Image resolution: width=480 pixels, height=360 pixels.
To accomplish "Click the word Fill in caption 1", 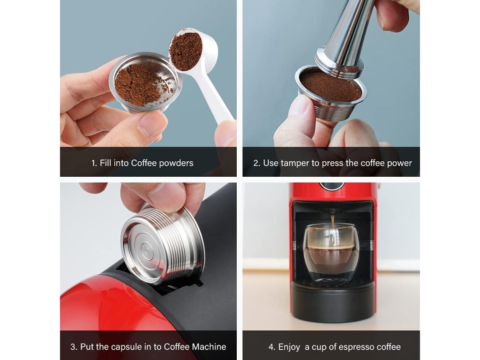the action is [105, 163].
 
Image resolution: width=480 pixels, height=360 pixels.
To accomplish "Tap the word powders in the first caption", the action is [176, 163].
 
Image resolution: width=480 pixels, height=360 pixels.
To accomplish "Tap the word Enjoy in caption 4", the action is [289, 347].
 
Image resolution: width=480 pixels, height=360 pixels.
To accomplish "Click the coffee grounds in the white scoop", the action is [186, 50].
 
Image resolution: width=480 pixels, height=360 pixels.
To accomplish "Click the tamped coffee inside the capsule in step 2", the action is [330, 85].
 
